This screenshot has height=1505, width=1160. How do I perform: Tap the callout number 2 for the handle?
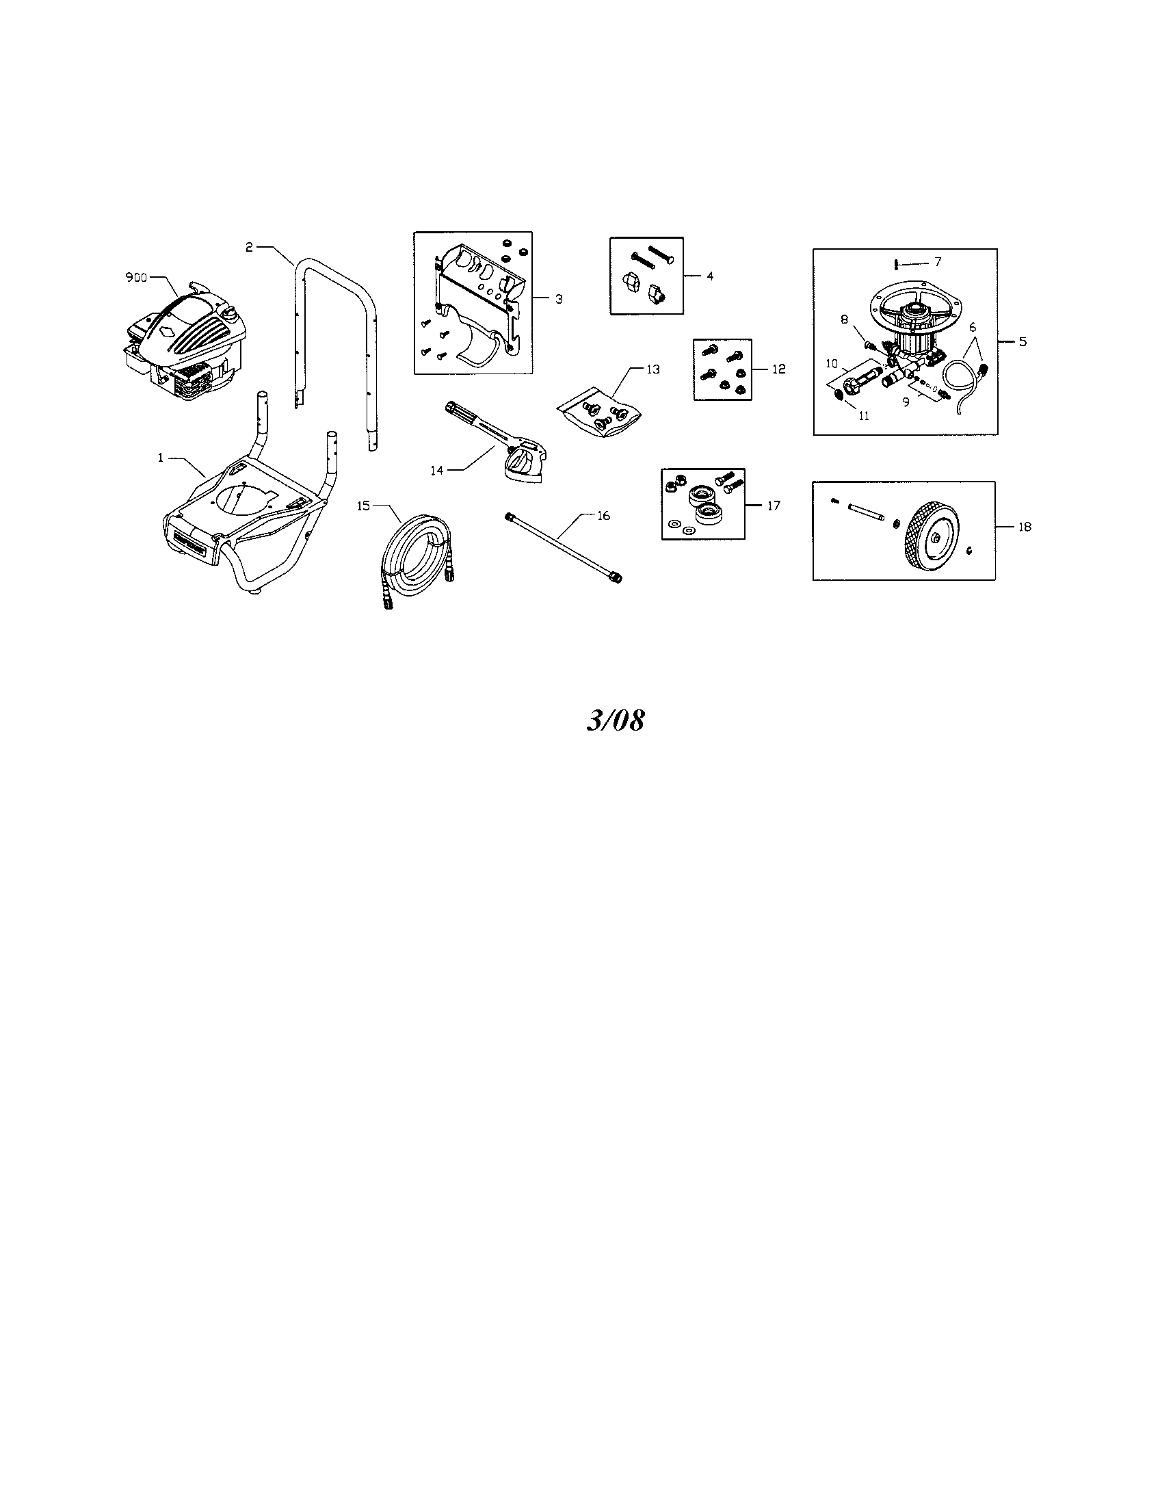click(x=250, y=247)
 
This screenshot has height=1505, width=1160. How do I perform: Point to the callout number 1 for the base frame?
click(x=161, y=457)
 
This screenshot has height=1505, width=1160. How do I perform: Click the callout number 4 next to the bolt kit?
click(x=709, y=276)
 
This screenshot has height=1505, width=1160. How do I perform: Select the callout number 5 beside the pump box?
click(x=1023, y=341)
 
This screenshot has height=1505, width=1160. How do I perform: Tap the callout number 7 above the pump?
click(x=937, y=262)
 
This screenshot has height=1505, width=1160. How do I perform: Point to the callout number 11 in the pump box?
click(x=864, y=415)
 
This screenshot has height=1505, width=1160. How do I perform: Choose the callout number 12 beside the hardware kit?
click(x=778, y=369)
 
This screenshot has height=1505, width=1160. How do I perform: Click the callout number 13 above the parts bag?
click(x=653, y=369)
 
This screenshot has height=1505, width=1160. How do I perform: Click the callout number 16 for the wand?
click(x=603, y=515)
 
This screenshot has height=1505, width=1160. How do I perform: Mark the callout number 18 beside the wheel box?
click(x=1025, y=527)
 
